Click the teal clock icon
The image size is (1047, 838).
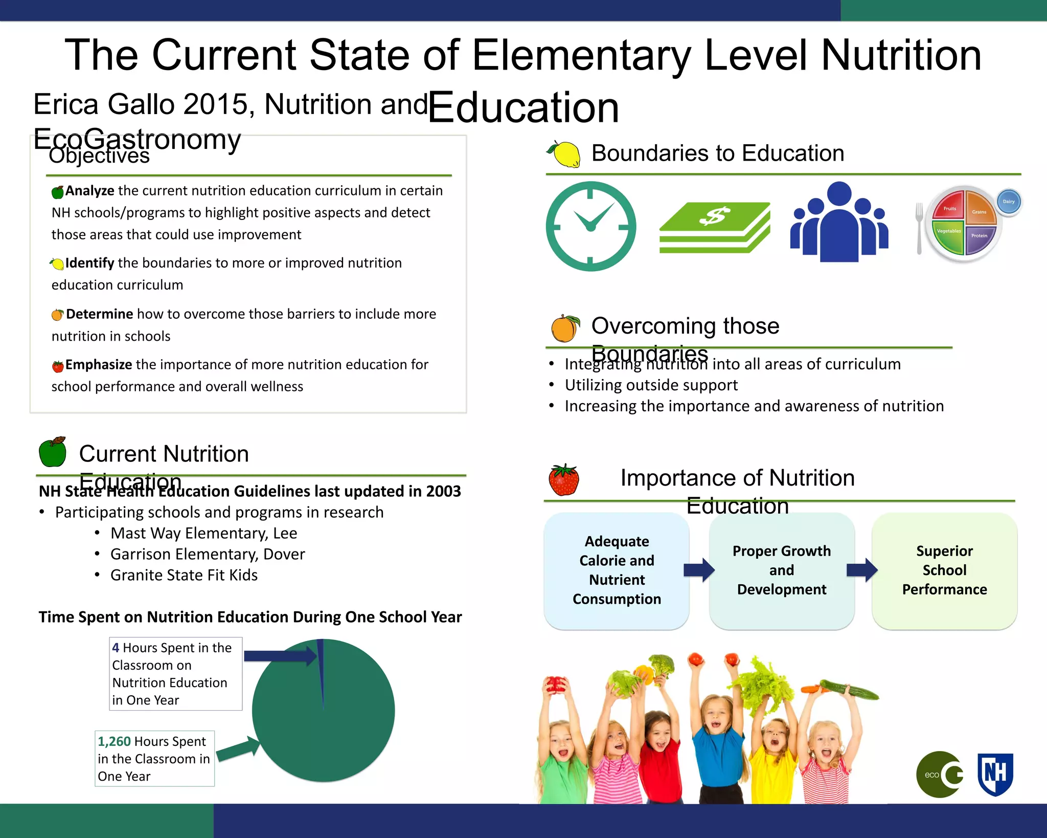(591, 226)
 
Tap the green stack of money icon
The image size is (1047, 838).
(715, 227)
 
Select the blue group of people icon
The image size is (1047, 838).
(839, 223)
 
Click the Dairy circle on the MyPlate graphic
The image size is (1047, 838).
(1009, 202)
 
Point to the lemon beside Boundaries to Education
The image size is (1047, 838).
(564, 154)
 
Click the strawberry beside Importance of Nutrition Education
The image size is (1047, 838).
(563, 480)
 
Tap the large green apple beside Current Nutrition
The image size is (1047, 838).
(53, 452)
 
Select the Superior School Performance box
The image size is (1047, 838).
(944, 570)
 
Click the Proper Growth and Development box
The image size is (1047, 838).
(782, 570)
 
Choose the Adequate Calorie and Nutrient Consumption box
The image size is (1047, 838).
(617, 570)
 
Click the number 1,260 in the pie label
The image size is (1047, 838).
(114, 741)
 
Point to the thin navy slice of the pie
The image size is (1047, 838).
(321, 665)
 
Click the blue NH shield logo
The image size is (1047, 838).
(995, 774)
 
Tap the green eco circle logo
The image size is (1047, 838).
(939, 775)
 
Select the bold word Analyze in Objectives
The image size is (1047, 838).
(90, 191)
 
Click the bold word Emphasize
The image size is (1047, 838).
(99, 365)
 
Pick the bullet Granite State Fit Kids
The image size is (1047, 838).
(184, 576)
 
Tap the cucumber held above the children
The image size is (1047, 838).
(850, 690)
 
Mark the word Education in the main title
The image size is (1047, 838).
(523, 107)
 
